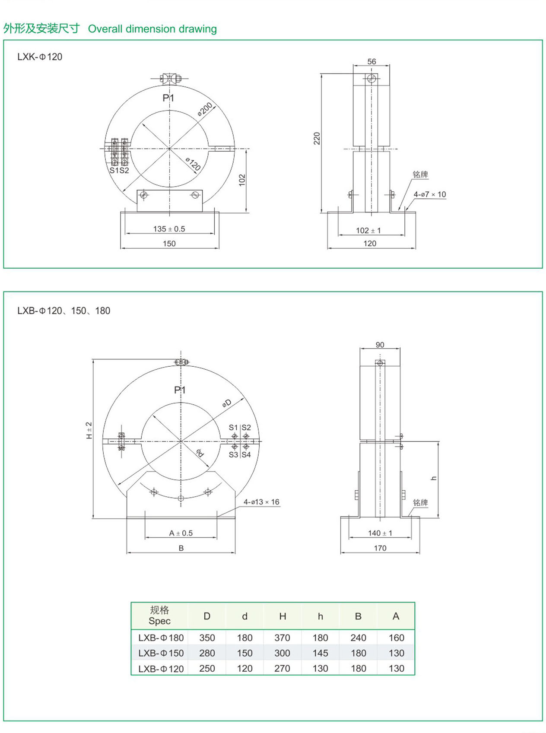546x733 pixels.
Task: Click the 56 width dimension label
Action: [371, 62]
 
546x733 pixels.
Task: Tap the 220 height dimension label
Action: [317, 138]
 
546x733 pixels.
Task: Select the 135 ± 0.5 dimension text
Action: [169, 229]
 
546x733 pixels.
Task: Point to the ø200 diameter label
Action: [205, 109]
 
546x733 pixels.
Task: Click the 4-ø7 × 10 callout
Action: [429, 194]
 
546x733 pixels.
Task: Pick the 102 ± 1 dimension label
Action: [368, 231]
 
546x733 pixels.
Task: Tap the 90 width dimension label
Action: [380, 345]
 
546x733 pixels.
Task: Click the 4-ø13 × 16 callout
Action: [261, 502]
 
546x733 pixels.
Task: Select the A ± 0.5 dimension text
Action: [181, 533]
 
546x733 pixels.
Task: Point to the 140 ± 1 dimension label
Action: [380, 533]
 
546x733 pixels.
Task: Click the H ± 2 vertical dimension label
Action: [89, 430]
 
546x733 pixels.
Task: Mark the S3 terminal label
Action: [233, 455]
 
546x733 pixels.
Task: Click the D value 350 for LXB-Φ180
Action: [207, 638]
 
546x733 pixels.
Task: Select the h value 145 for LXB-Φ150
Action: [320, 653]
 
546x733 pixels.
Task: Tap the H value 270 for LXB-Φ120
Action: [282, 668]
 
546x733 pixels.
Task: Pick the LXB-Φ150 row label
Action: [161, 653]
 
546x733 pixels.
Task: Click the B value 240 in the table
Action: [358, 638]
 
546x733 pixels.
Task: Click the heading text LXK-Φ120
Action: [40, 57]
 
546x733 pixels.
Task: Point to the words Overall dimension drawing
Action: [152, 29]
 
